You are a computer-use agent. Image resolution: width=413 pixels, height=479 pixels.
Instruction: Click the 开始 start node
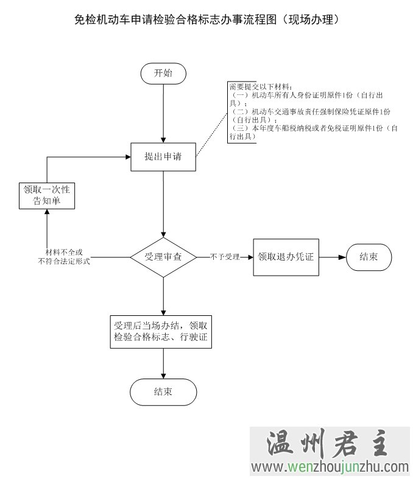163,73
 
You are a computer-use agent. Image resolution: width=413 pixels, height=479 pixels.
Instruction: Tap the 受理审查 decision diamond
163,257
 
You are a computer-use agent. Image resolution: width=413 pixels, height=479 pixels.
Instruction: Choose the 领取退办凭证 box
286,257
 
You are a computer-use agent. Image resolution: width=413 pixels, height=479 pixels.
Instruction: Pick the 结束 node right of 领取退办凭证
369,257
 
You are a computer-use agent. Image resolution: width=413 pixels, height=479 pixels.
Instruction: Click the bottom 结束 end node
163,392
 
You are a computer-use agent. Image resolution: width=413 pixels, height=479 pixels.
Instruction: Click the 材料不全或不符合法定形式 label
64,256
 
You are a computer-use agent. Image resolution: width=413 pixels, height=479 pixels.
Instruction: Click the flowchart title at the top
206,20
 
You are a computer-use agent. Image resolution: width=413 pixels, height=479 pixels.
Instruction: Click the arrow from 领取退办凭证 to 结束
333,257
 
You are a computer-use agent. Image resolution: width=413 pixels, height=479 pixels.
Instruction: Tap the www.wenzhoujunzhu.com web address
331,467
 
